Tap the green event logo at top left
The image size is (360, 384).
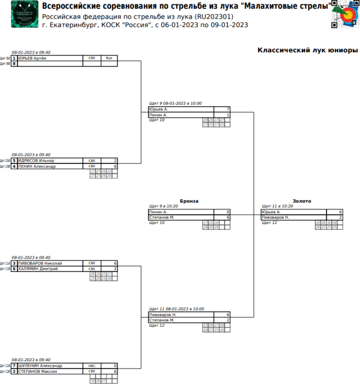(25, 14)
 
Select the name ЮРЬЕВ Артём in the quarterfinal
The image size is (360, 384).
(32, 58)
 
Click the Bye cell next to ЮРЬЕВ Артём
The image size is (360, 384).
(109, 58)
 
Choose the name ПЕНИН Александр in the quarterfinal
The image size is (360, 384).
(37, 166)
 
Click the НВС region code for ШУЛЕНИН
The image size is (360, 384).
(92, 366)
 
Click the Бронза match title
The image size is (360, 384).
(189, 201)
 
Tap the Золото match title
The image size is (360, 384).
(302, 201)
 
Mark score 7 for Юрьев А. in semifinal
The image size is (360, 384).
(228, 109)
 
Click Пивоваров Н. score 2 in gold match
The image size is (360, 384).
(340, 217)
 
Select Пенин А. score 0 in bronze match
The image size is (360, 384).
(228, 212)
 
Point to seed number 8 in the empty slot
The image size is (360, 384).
(14, 64)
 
